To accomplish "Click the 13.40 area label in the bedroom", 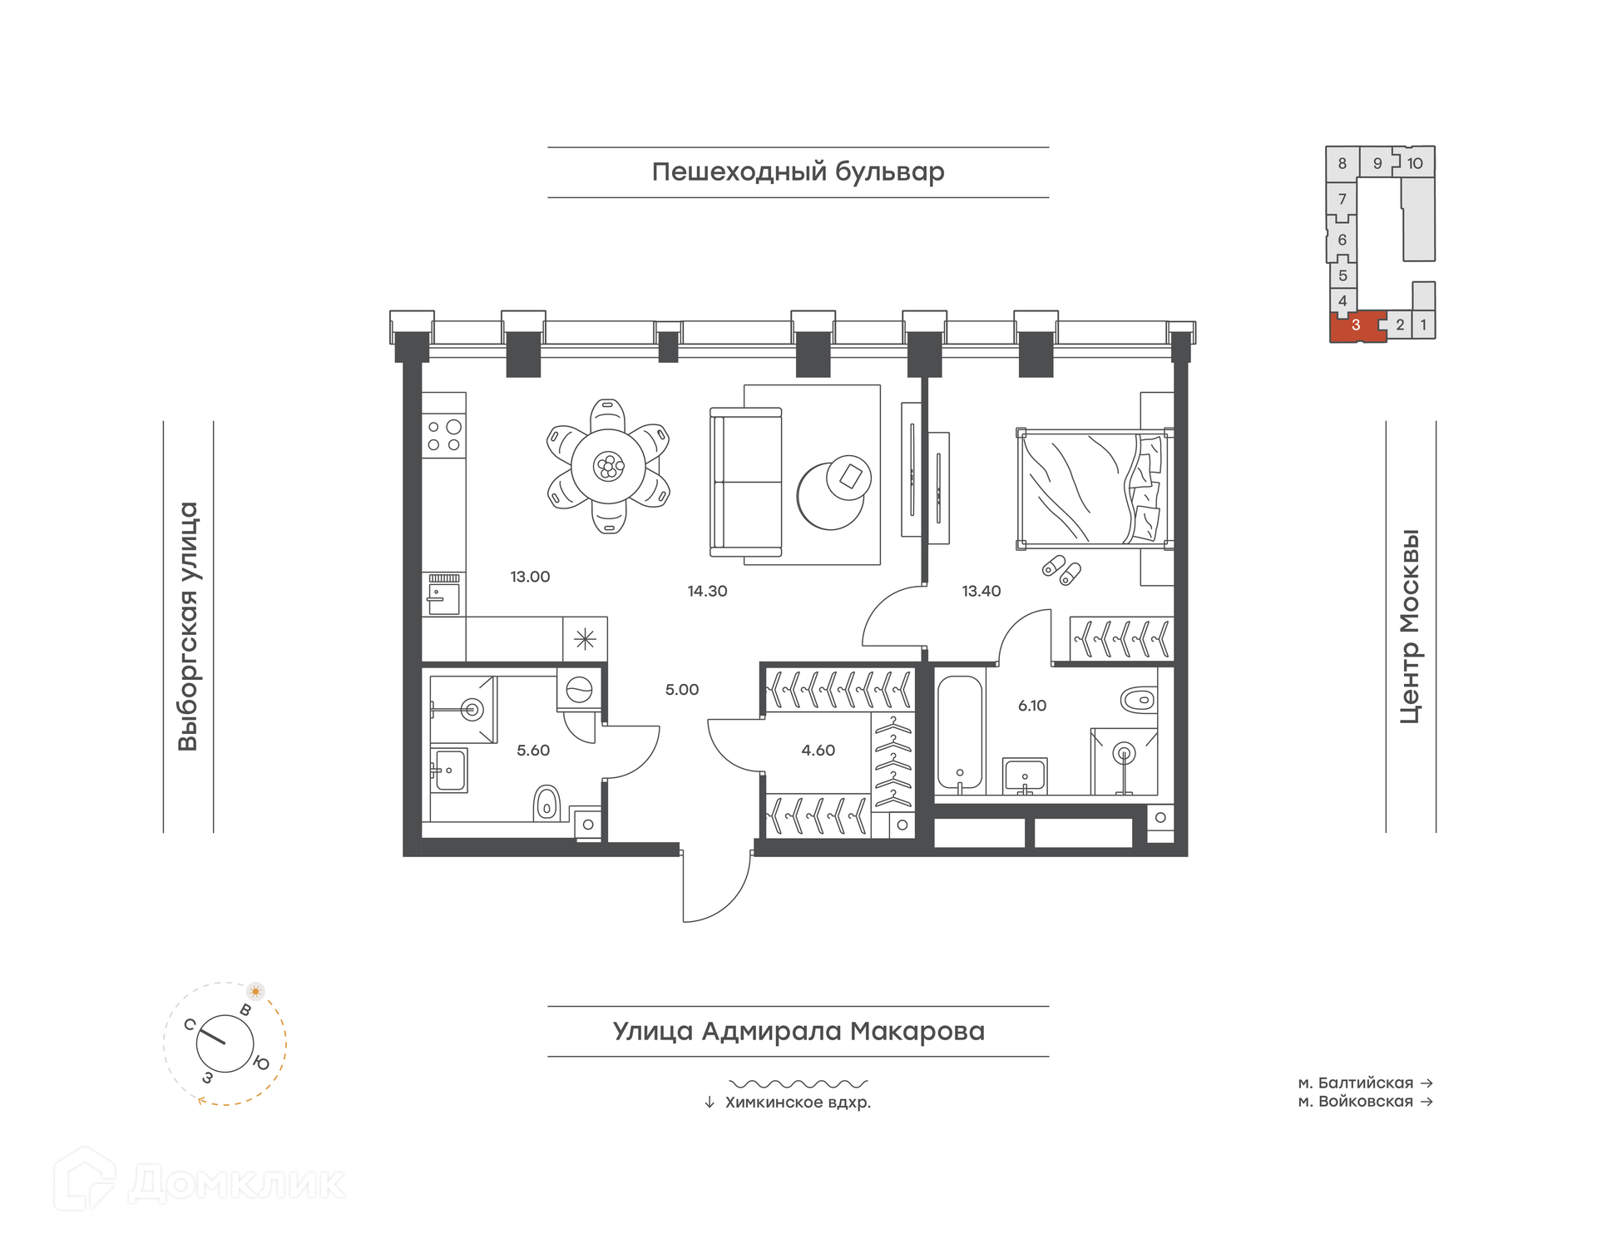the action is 981,592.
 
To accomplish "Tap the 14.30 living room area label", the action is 707,592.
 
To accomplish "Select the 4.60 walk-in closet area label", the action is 818,751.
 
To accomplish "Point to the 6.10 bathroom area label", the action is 1032,706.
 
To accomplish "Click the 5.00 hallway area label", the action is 682,690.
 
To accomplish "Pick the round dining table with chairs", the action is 609,466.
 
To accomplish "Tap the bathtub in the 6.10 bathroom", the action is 960,732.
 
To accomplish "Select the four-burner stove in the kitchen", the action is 444,435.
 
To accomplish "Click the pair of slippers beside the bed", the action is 1062,570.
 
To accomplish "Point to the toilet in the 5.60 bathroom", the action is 546,803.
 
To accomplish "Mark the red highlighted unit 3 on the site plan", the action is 1357,325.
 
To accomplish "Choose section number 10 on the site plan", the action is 1415,163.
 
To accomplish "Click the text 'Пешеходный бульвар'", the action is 798,172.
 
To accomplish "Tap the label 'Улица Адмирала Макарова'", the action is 798,1031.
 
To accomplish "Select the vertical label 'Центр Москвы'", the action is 1410,627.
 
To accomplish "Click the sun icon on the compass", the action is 255,991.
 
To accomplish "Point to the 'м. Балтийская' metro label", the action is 1356,1083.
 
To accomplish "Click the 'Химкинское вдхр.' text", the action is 798,1103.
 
